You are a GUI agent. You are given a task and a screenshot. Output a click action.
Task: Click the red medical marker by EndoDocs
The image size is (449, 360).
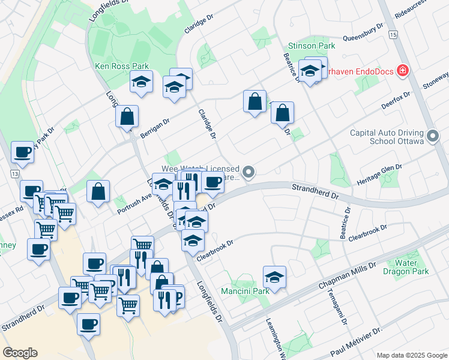403,72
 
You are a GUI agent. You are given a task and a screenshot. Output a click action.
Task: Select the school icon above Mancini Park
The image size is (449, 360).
274,277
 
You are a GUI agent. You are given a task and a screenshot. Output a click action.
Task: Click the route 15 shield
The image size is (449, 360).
393,35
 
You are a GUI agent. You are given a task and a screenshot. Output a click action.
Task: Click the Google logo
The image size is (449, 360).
20,352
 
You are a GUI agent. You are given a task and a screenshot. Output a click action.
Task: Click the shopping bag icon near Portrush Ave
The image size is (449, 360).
98,192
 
